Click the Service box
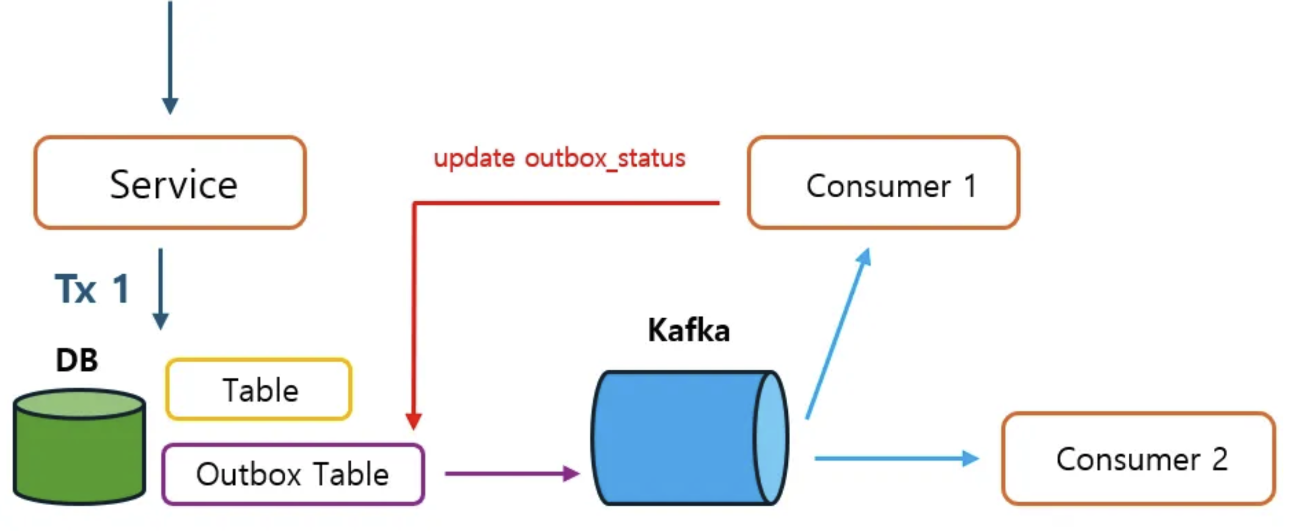coord(170,182)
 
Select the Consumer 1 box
coord(883,182)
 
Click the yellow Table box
coord(259,389)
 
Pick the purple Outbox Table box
coord(293,474)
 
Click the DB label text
coord(77,360)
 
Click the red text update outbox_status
coord(559,158)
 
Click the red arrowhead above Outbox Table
coord(413,420)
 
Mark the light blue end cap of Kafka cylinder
coord(771,438)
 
